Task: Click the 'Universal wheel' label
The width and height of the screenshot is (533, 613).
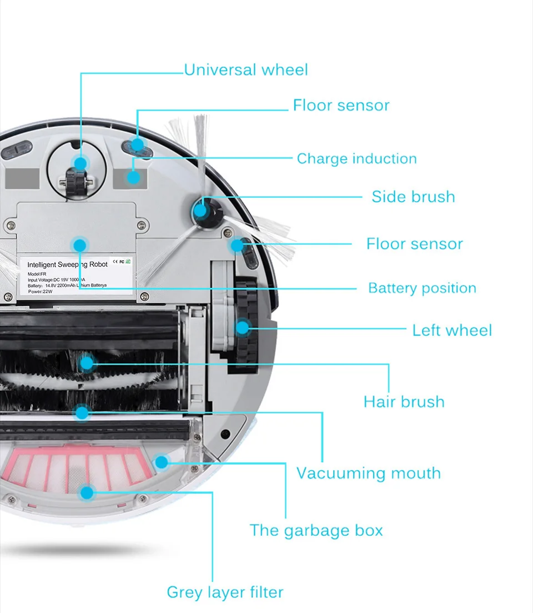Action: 245,70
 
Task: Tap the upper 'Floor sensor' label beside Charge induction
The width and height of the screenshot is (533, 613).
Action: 341,106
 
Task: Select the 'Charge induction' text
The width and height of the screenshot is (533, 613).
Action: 356,159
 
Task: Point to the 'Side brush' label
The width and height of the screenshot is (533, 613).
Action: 413,197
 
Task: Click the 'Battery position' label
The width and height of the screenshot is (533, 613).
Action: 422,288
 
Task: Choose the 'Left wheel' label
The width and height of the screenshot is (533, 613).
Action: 452,330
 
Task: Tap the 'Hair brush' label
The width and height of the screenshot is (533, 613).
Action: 404,402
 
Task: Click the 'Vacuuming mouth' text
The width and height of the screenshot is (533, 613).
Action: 368,474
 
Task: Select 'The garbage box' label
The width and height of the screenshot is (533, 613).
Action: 316,530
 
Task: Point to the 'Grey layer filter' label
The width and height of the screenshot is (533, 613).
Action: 225,592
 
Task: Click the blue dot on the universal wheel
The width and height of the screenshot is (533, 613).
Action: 81,163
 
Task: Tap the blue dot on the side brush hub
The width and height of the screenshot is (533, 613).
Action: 200,210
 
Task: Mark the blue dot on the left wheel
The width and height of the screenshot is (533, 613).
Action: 243,327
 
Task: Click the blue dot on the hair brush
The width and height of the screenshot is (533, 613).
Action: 87,363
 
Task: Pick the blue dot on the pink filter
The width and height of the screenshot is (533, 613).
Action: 87,492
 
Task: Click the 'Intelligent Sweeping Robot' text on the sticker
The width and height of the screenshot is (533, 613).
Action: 67,265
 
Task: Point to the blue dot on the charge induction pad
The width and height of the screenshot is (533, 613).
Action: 133,177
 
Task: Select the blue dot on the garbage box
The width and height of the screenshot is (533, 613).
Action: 161,461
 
